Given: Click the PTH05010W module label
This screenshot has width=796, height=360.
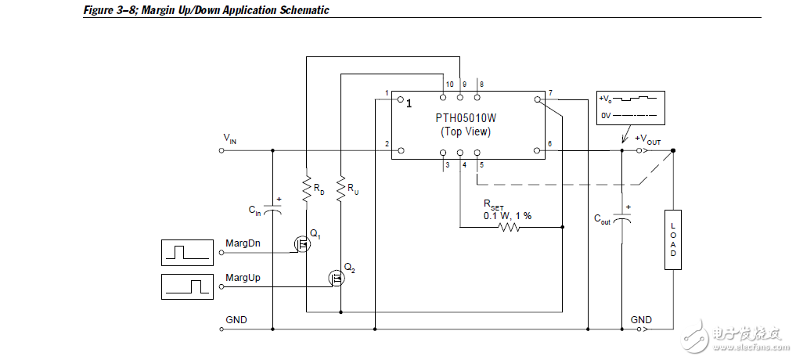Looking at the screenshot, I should (466, 118).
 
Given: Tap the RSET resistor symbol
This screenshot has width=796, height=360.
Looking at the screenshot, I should (509, 228).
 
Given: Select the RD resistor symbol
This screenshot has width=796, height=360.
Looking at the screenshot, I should (306, 187).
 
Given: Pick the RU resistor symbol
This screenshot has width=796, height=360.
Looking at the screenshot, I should (340, 187).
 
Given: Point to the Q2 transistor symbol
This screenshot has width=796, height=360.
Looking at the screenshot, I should (337, 277).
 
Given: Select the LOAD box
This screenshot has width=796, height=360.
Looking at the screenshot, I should (672, 239).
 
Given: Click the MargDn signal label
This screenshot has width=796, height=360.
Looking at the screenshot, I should (243, 243).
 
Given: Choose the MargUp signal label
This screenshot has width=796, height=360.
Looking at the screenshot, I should (243, 278).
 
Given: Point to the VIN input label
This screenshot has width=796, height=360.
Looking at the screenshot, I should (230, 139).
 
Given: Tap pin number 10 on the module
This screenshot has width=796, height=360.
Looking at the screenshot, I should (449, 84).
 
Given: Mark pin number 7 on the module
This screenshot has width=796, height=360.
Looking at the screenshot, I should (550, 94).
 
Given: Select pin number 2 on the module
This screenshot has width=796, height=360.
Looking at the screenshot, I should (387, 144).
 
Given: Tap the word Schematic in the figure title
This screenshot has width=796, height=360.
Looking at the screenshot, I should (302, 10).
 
